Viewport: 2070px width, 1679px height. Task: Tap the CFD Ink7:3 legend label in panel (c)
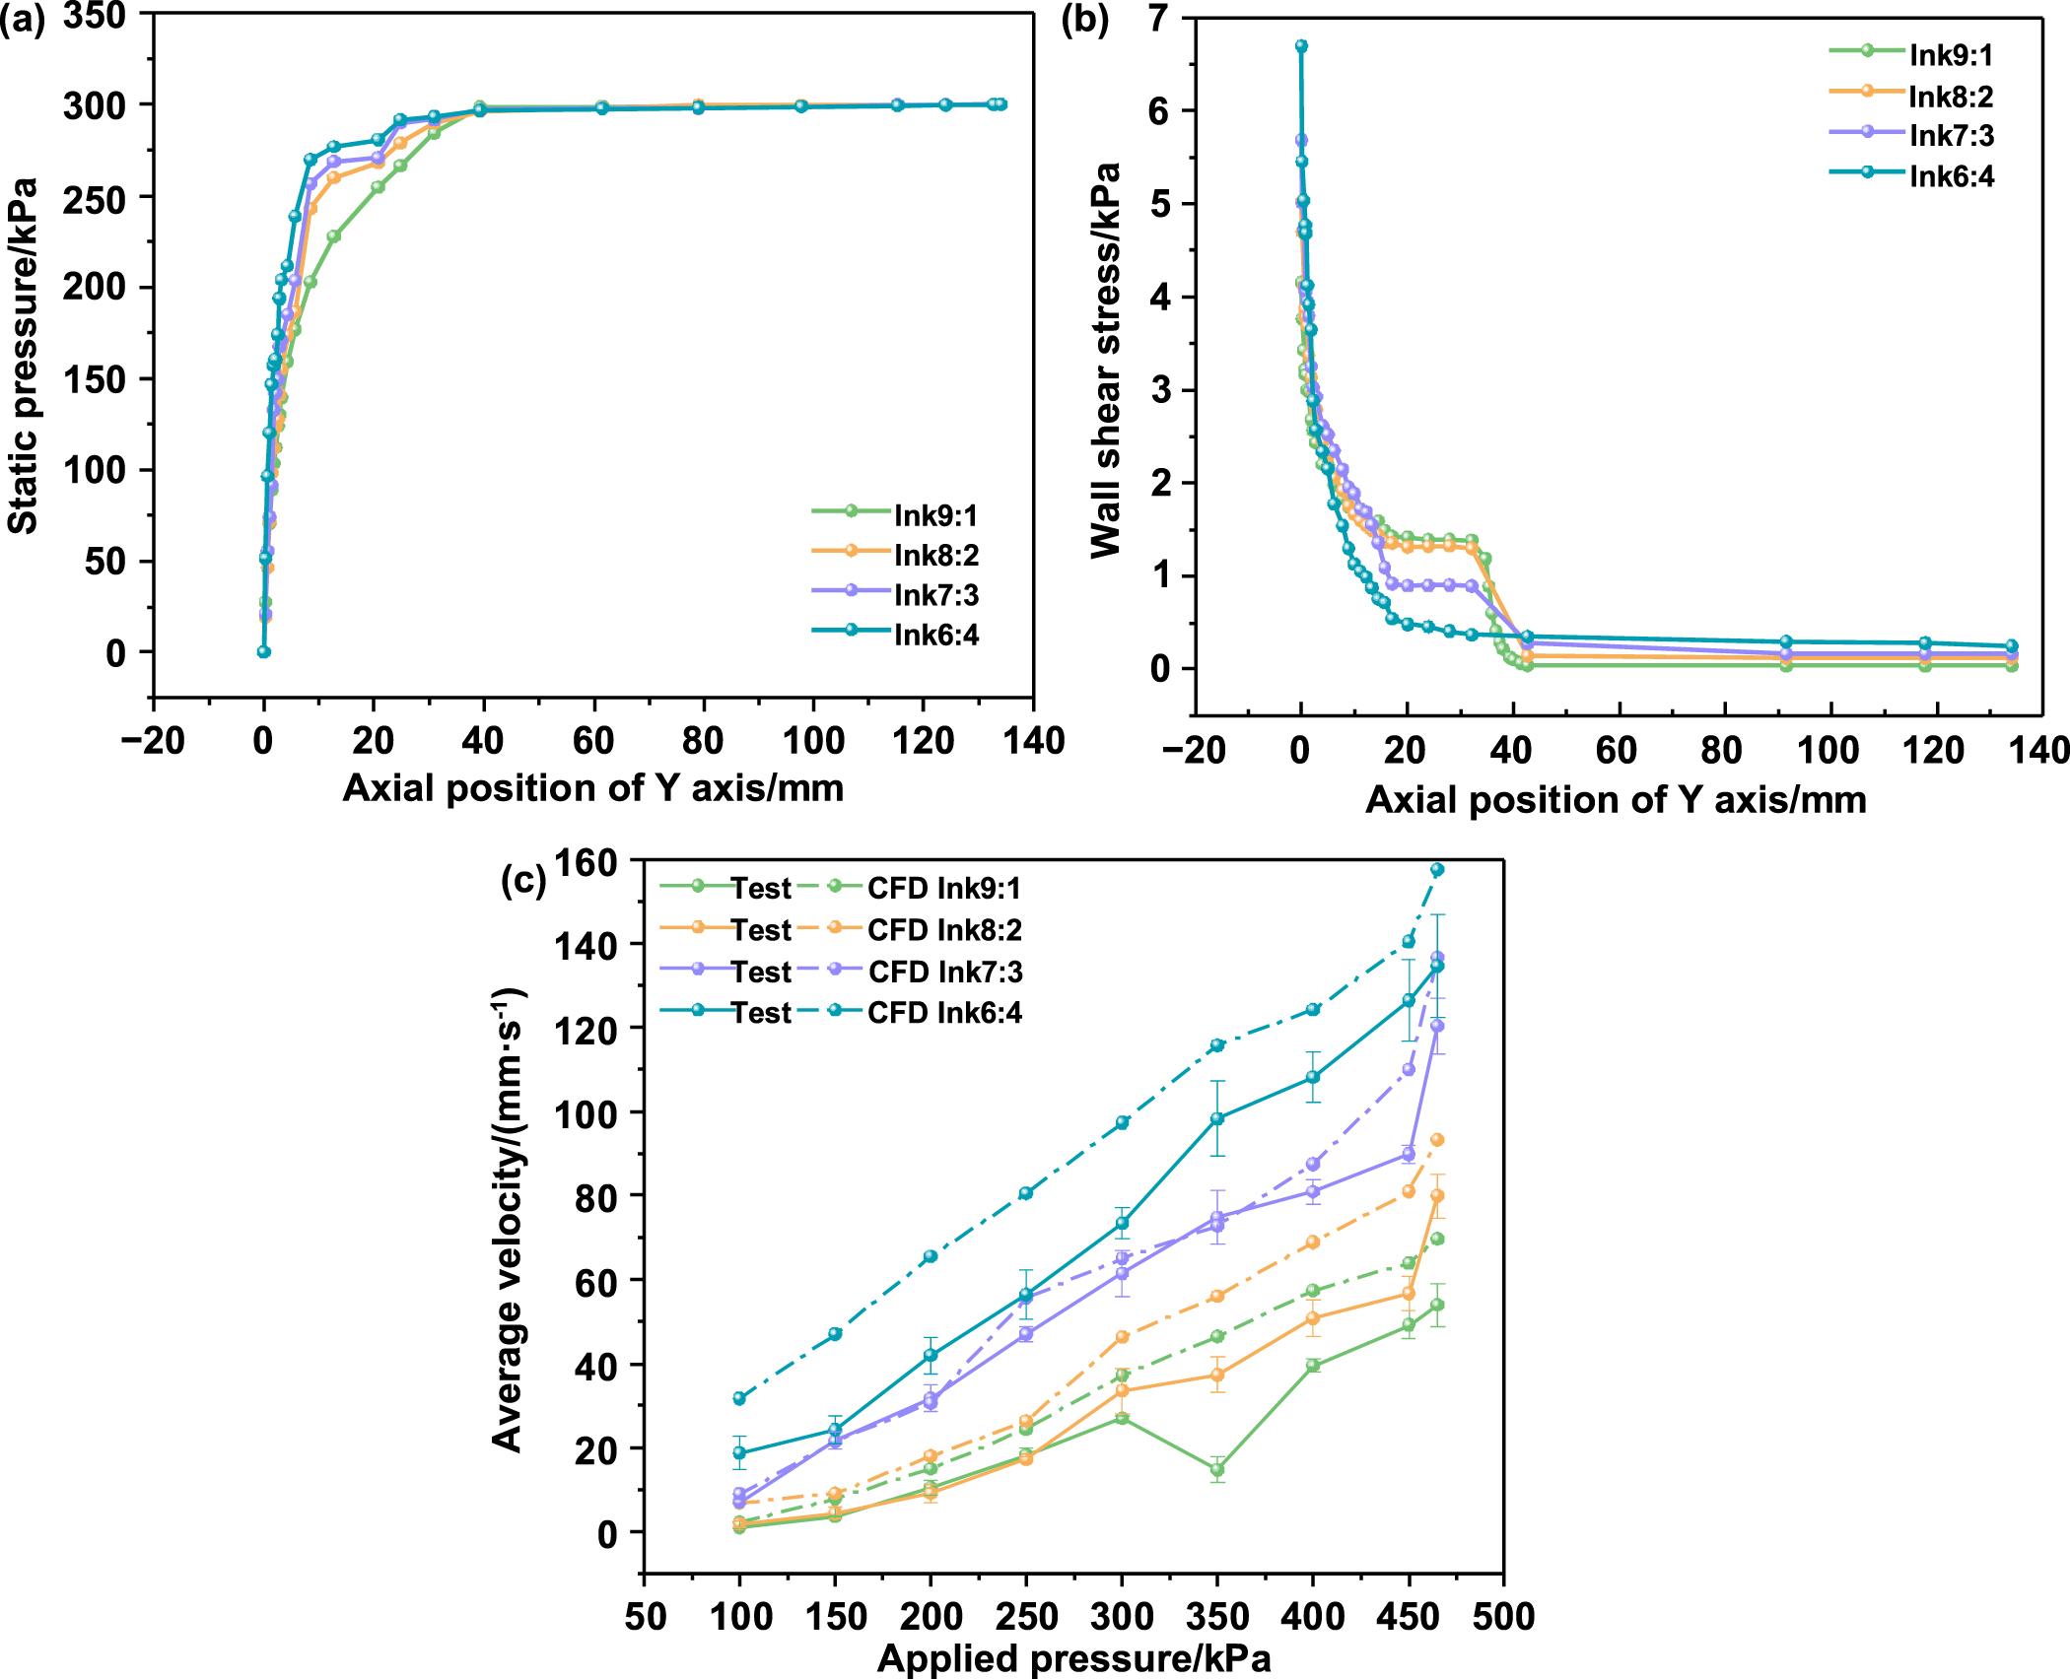(x=944, y=972)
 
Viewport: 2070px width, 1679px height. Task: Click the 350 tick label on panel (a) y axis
(x=95, y=16)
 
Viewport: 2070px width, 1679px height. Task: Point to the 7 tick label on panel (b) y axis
(x=1159, y=18)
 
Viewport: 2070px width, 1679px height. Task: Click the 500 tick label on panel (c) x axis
(x=1503, y=1616)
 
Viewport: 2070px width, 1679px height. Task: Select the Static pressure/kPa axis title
(x=24, y=356)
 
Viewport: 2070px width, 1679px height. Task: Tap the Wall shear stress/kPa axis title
(x=1106, y=361)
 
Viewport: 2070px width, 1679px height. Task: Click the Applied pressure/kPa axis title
(x=1073, y=1659)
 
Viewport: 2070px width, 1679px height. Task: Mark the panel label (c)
(x=522, y=879)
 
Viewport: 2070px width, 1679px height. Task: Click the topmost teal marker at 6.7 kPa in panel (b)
(x=1301, y=45)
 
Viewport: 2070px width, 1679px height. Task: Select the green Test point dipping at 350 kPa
(x=1217, y=1469)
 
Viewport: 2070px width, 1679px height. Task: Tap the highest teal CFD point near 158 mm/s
(x=1437, y=869)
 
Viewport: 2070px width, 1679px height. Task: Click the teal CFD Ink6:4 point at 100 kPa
(x=739, y=1397)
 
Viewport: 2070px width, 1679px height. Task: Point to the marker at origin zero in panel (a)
(x=263, y=651)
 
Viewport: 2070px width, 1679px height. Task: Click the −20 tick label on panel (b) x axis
(x=1193, y=751)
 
